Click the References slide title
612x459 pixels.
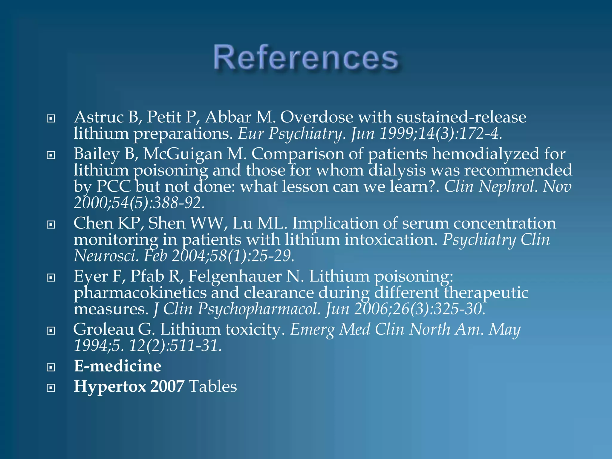tap(306, 57)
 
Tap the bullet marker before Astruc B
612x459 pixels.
tap(51, 119)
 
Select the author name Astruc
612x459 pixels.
tap(99, 117)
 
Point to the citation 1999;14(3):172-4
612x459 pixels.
tap(441, 134)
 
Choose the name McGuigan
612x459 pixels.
tap(183, 154)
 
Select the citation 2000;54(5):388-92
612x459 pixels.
tap(139, 203)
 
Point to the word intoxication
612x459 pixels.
tap(391, 240)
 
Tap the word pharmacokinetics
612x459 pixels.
tap(140, 293)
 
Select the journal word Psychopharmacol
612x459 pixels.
tap(259, 309)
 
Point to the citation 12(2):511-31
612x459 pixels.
tap(175, 346)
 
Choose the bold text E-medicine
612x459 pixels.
tap(117, 366)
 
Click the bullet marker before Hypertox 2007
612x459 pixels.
tap(51, 388)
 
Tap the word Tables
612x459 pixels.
tap(213, 386)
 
